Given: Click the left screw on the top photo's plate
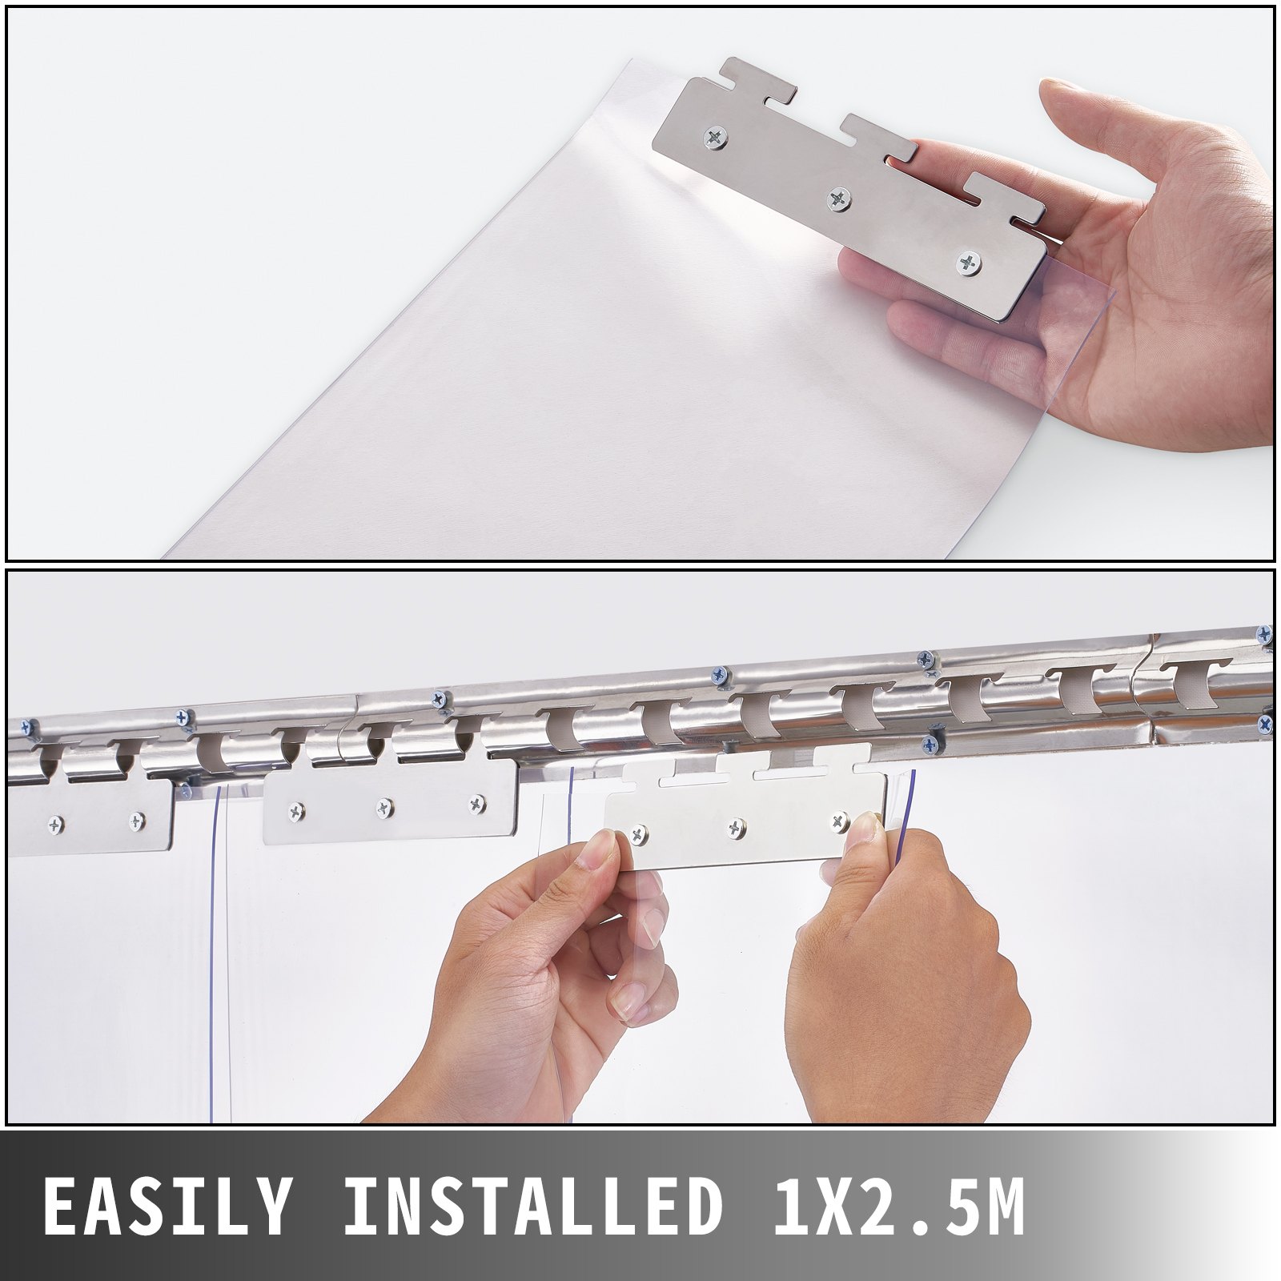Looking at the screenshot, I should [x=715, y=139].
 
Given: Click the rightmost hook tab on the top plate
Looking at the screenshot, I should [x=1013, y=192].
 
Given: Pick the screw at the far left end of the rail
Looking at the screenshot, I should [x=29, y=728].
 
